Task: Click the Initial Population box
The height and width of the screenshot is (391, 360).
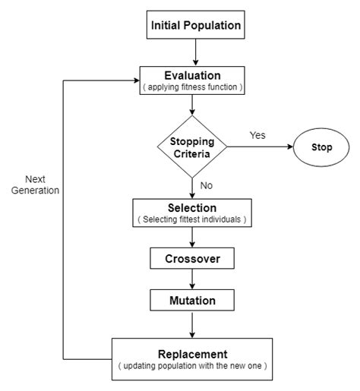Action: click(196, 26)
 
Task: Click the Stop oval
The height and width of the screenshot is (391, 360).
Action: click(321, 147)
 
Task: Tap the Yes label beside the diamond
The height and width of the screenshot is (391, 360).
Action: click(258, 135)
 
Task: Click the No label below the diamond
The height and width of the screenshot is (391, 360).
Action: click(207, 185)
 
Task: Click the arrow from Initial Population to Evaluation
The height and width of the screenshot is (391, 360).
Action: click(197, 53)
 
